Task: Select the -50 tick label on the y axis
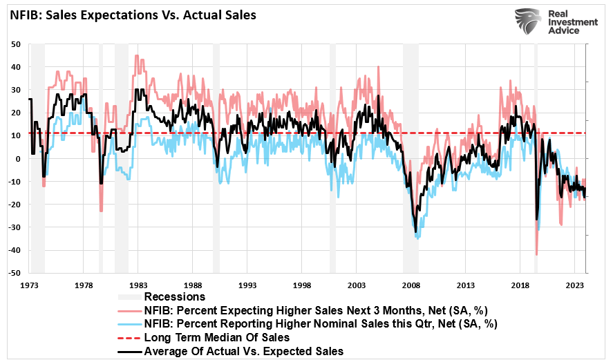coord(15,273)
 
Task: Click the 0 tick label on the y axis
coord(19,159)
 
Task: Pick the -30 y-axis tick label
coord(15,227)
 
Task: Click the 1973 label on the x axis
coord(29,285)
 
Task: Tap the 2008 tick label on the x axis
coord(411,285)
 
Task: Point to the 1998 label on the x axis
coord(302,285)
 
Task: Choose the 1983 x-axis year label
coord(138,285)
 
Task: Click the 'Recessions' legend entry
coord(174,296)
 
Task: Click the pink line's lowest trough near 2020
coord(536,255)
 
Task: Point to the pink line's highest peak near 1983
coord(136,56)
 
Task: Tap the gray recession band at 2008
coord(411,159)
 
